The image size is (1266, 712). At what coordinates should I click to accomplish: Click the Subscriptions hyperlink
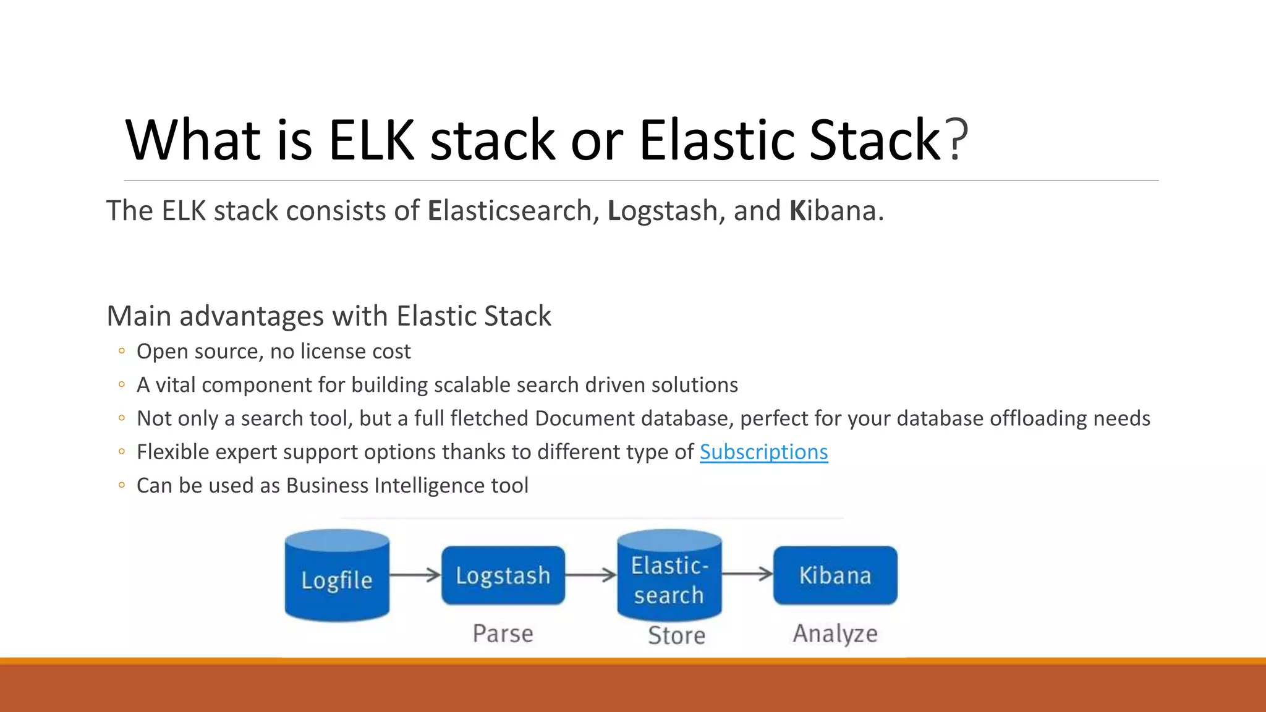(x=763, y=452)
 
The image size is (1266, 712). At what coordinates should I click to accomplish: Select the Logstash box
(x=503, y=575)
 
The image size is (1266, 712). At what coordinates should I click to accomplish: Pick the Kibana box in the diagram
(x=835, y=575)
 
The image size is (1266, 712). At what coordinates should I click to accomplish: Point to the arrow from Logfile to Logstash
(x=415, y=575)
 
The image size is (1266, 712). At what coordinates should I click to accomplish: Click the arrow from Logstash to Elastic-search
(x=591, y=575)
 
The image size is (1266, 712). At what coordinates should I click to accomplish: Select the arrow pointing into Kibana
(x=747, y=574)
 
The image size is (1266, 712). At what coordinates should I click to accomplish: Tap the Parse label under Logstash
(x=503, y=634)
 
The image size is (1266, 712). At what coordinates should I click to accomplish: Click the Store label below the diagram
(x=676, y=635)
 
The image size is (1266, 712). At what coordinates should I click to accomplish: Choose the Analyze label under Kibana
(x=835, y=634)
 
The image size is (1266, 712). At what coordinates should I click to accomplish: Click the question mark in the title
(x=956, y=140)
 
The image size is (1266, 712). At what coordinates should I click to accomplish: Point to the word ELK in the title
(x=370, y=140)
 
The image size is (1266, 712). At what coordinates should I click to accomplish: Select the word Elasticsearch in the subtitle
(x=509, y=211)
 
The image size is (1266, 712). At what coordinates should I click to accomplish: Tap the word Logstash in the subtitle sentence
(x=661, y=211)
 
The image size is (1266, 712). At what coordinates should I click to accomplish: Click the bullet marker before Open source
(x=122, y=352)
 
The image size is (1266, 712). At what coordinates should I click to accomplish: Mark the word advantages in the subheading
(x=252, y=316)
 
